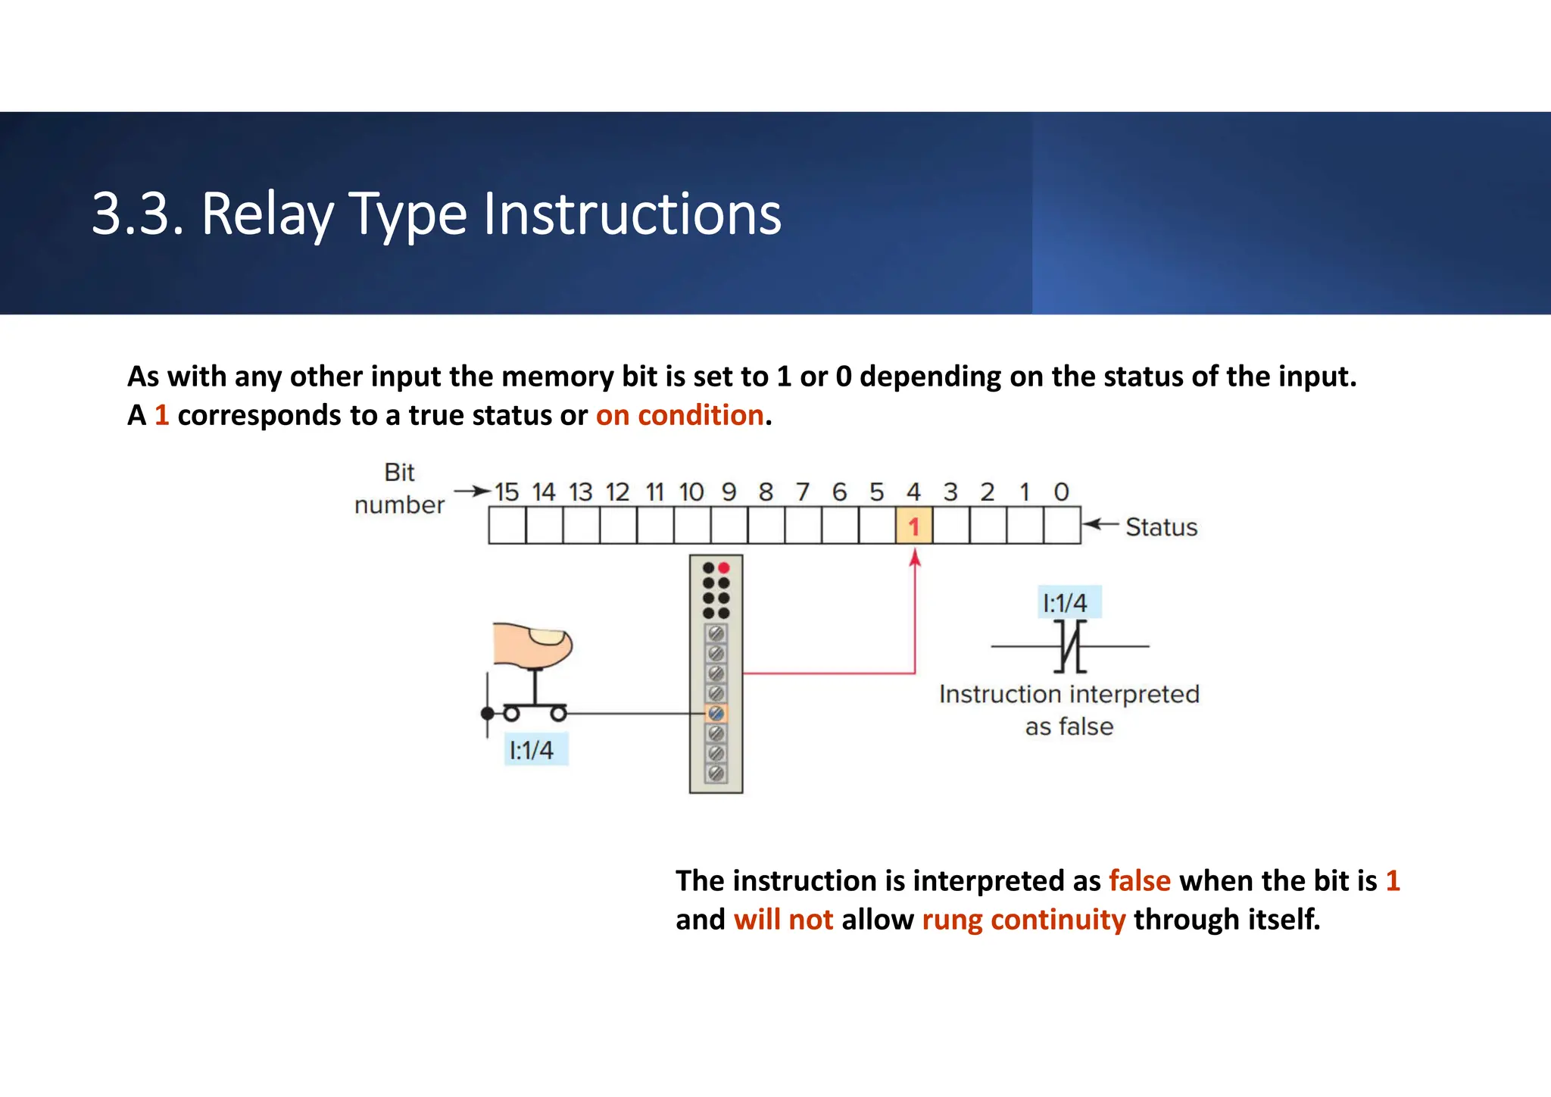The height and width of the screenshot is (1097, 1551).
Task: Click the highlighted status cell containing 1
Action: pyautogui.click(x=914, y=526)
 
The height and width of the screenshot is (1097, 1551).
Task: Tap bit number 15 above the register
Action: pyautogui.click(x=507, y=492)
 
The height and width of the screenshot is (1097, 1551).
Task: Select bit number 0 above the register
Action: pyautogui.click(x=1061, y=492)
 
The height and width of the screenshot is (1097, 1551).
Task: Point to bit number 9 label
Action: pyautogui.click(x=729, y=492)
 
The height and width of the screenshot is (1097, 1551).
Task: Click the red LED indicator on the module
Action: pyautogui.click(x=724, y=567)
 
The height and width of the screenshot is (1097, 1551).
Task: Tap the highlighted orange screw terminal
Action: pyautogui.click(x=716, y=713)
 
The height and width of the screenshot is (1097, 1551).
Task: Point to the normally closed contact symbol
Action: pyautogui.click(x=1070, y=646)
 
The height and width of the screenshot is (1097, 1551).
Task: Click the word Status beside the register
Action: pyautogui.click(x=1161, y=527)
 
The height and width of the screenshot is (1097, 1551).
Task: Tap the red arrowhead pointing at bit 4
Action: pyautogui.click(x=915, y=558)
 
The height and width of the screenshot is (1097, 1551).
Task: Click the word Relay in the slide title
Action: pyautogui.click(x=267, y=214)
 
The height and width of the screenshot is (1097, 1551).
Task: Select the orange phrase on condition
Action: pyautogui.click(x=679, y=415)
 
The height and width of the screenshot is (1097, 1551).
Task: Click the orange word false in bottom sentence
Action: pyautogui.click(x=1139, y=880)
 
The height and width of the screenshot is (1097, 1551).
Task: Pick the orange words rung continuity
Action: pyautogui.click(x=1023, y=920)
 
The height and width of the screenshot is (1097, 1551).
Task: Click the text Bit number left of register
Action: pyautogui.click(x=399, y=489)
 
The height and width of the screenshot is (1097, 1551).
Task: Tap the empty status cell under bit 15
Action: pyautogui.click(x=507, y=526)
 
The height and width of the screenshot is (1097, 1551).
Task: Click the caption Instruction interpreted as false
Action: pyautogui.click(x=1069, y=710)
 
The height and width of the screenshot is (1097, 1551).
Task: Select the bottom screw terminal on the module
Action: pyautogui.click(x=716, y=774)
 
